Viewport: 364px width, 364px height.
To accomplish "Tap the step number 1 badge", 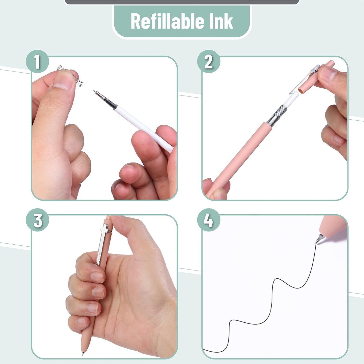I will tap(37, 62).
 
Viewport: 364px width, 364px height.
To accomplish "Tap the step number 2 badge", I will tap(208, 62).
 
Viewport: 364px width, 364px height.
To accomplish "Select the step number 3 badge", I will tap(37, 220).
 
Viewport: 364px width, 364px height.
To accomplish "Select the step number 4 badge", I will tap(208, 220).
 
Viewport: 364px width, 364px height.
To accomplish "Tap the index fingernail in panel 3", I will tap(97, 277).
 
